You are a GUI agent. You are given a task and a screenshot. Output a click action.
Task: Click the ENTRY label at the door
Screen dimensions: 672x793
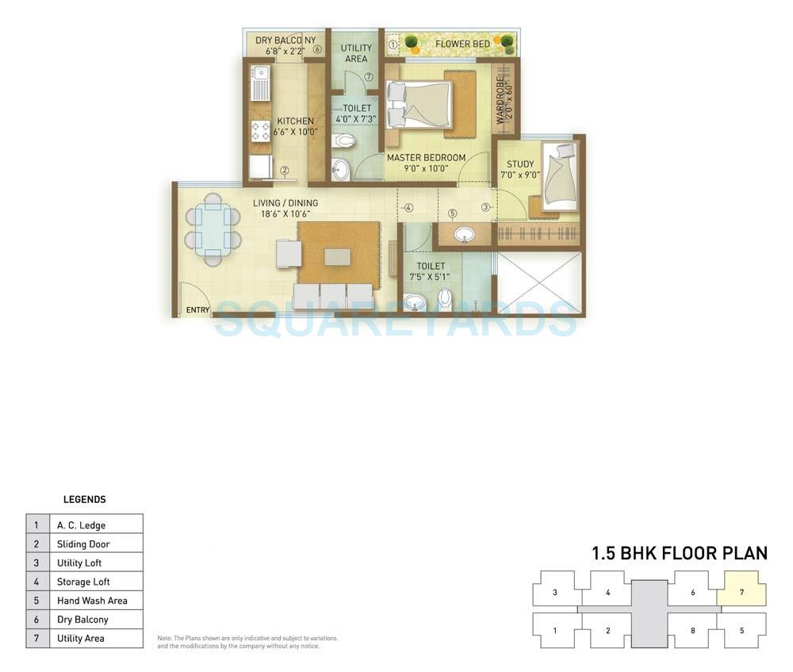tap(197, 310)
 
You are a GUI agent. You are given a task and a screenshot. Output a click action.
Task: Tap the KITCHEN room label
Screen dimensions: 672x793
tap(295, 121)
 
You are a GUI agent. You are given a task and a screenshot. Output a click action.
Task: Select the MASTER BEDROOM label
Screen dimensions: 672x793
tap(426, 158)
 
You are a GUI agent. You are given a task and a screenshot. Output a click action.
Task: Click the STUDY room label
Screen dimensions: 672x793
tap(520, 164)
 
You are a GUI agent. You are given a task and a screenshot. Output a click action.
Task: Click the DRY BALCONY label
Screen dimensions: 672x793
tap(285, 40)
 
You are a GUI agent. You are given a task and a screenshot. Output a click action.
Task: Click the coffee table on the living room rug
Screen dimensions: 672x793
tap(337, 257)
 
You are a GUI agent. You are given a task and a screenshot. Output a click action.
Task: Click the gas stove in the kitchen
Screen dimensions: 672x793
tap(260, 131)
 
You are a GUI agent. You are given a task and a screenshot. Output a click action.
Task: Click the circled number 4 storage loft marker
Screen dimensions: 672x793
tap(408, 209)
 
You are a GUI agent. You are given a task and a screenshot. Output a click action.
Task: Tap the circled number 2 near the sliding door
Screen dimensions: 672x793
tap(283, 170)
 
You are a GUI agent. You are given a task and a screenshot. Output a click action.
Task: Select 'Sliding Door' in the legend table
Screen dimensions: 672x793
tap(83, 544)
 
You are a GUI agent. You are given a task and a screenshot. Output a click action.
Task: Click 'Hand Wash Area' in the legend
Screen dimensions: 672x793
tap(91, 601)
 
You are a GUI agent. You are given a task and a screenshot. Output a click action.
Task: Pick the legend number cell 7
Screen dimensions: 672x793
tap(36, 639)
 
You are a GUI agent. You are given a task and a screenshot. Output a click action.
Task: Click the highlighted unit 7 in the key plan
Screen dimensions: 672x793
tap(741, 593)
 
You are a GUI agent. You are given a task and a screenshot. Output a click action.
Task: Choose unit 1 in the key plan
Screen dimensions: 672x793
tap(554, 631)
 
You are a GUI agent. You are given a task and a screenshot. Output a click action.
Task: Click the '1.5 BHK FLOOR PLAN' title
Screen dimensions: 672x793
tap(679, 553)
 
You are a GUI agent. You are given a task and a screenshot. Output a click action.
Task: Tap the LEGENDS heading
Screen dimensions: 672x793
tap(84, 500)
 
